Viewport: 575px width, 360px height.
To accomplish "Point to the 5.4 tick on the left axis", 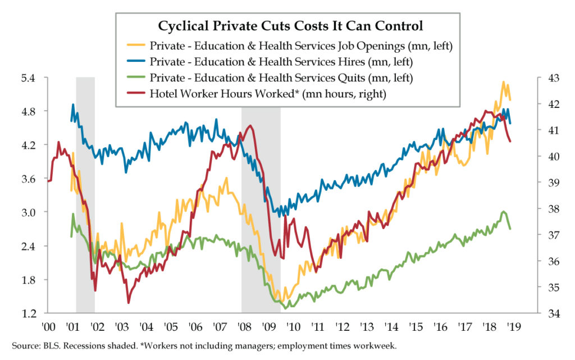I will [x=28, y=78].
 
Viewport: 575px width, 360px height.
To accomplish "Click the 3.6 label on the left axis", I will [x=28, y=179].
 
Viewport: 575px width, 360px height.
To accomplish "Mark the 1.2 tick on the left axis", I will [x=28, y=313].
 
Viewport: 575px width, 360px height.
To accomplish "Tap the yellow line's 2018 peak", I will [x=503, y=82].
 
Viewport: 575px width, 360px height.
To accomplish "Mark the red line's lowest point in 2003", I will [x=129, y=303].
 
